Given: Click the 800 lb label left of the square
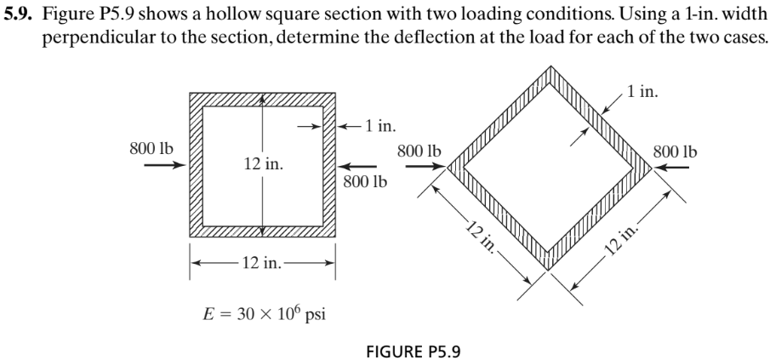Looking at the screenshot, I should tap(151, 146).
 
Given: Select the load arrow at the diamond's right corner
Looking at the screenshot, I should tap(671, 168).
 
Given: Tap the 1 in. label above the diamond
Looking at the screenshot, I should tap(640, 88).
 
